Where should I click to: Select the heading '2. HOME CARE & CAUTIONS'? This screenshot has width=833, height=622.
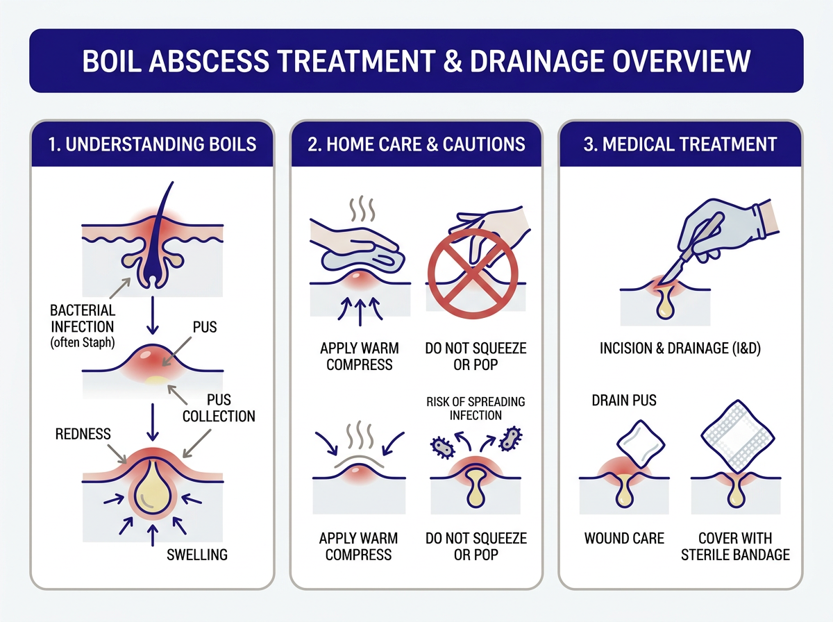click(415, 144)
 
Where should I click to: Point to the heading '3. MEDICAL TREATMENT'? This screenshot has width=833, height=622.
click(680, 144)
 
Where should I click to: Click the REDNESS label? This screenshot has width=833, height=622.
click(83, 433)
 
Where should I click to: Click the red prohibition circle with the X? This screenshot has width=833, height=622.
click(471, 264)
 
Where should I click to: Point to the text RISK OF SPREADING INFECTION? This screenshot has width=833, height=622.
click(476, 408)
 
